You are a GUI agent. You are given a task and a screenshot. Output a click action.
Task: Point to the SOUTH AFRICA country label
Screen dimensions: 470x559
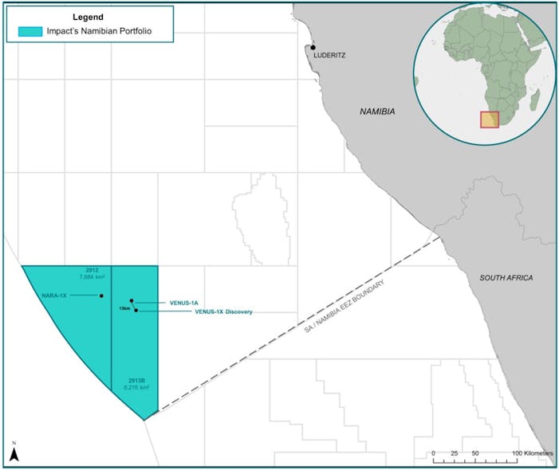506,277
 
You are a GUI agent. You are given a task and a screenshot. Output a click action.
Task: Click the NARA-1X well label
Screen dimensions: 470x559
55,296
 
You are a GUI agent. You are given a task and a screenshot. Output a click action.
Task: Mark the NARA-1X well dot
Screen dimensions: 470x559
102,296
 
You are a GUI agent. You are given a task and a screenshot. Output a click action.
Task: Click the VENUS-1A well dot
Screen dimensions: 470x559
132,301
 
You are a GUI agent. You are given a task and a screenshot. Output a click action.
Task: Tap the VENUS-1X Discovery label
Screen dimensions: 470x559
223,311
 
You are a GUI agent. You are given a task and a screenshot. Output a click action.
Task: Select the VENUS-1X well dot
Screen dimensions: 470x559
136,310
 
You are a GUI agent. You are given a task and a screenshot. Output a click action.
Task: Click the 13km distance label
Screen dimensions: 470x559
124,307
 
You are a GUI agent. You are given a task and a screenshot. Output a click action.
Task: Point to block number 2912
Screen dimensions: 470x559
92,271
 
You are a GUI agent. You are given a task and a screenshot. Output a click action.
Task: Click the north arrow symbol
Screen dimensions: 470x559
14,453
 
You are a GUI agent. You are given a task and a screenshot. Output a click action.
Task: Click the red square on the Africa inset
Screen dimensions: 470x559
489,119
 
